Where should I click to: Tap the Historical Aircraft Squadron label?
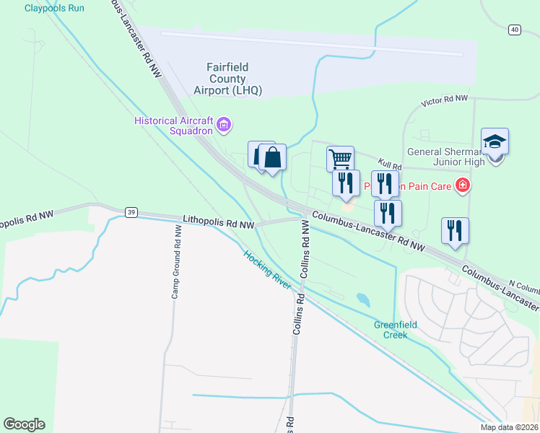pyautogui.click(x=175, y=126)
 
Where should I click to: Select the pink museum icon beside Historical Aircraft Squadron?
pyautogui.click(x=224, y=126)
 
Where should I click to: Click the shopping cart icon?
pyautogui.click(x=340, y=157)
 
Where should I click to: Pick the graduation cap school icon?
pyautogui.click(x=495, y=141)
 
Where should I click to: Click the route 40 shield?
pyautogui.click(x=514, y=30)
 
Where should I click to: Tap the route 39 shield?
pyautogui.click(x=130, y=212)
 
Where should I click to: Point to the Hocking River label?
pyautogui.click(x=267, y=270)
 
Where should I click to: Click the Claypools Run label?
pyautogui.click(x=54, y=8)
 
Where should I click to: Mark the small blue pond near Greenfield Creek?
pyautogui.click(x=363, y=298)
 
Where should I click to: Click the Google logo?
pyautogui.click(x=24, y=424)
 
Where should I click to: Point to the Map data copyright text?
pyautogui.click(x=510, y=427)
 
